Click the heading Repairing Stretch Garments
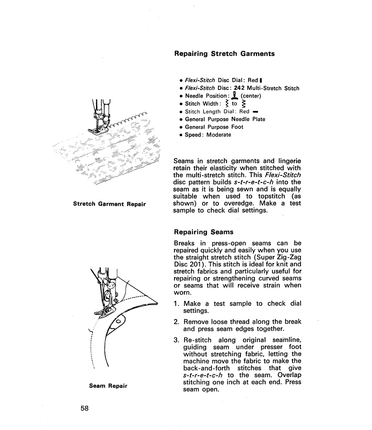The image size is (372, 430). coord(224,54)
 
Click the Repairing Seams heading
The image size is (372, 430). coord(204,232)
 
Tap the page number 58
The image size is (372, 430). coord(85,408)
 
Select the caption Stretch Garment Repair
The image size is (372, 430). coord(110,204)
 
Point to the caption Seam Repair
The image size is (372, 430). coord(108,386)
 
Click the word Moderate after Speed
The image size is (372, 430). coord(218,135)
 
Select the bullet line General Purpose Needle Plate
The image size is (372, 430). coord(225,119)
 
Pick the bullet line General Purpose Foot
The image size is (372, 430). coord(214,127)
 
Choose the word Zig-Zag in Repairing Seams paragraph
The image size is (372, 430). coord(288,257)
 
